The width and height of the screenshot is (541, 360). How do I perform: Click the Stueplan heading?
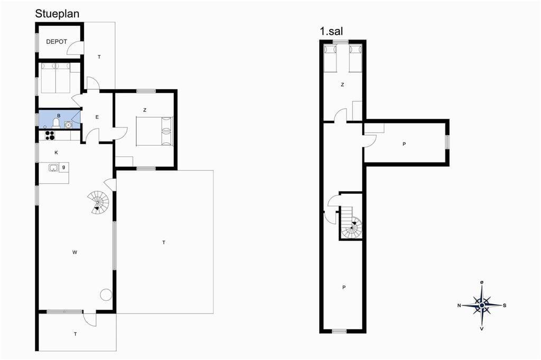click(x=57, y=14)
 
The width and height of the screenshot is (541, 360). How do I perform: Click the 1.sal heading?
click(x=331, y=31)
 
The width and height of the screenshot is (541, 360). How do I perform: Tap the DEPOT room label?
click(x=57, y=42)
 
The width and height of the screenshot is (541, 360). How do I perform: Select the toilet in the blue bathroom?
click(x=56, y=123)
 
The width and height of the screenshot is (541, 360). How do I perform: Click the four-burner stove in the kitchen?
click(x=50, y=136)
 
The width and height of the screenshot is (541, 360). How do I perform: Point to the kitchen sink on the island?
click(x=53, y=168)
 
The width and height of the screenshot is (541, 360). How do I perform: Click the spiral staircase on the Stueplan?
click(x=98, y=202)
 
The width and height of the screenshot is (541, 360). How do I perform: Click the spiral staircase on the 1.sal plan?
click(x=351, y=228)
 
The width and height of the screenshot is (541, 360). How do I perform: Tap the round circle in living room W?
click(x=106, y=295)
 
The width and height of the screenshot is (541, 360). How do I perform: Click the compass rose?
click(x=482, y=305)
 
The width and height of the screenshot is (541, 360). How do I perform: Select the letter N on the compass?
click(x=459, y=306)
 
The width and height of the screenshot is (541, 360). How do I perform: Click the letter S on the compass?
click(x=505, y=306)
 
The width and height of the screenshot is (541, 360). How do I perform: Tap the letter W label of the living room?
click(x=74, y=252)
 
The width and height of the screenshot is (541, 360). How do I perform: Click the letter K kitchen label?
click(x=56, y=153)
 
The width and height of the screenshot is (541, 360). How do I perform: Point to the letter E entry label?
click(x=97, y=117)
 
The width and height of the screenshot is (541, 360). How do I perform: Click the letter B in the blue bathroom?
click(x=59, y=116)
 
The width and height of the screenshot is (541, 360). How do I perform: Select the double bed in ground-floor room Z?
click(x=154, y=131)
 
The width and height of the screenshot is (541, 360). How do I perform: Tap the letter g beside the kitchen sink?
click(x=63, y=167)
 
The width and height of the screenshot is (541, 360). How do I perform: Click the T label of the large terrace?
click(x=164, y=242)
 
